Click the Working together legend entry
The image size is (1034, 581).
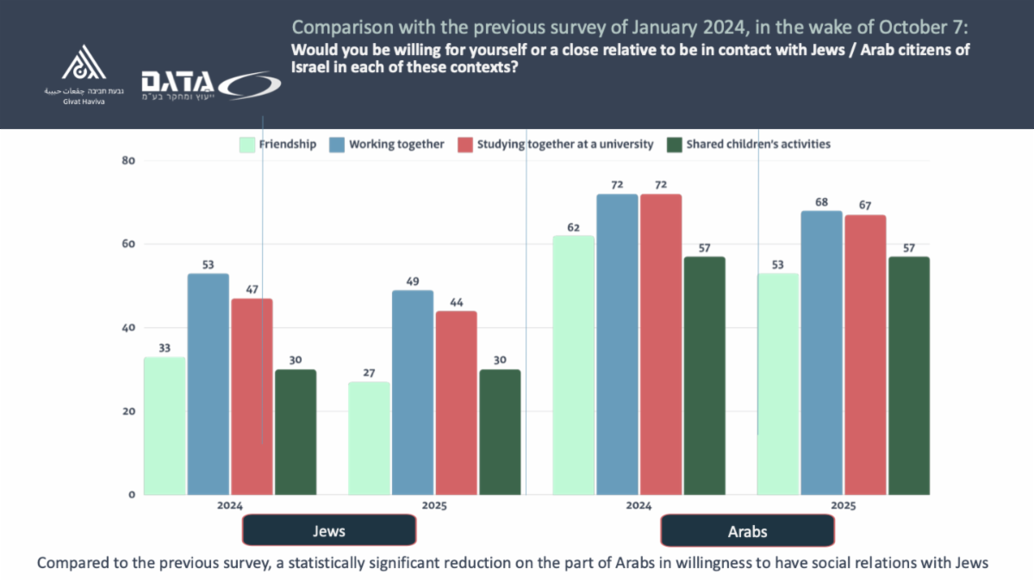387,145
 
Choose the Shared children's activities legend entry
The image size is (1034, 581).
750,145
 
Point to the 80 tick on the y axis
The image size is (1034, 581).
128,161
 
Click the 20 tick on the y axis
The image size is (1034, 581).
128,411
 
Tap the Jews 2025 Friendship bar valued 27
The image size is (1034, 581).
370,438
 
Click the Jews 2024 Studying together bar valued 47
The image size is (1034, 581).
252,396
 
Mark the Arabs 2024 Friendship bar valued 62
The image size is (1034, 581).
574,365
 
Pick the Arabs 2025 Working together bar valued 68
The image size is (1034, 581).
821,353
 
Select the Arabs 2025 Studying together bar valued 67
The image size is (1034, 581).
864,355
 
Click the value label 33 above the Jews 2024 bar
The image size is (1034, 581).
165,349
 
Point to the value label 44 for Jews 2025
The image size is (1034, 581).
456,302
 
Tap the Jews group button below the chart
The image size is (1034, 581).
328,531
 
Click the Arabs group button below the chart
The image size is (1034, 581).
747,531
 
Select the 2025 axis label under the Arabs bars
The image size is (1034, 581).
843,506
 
